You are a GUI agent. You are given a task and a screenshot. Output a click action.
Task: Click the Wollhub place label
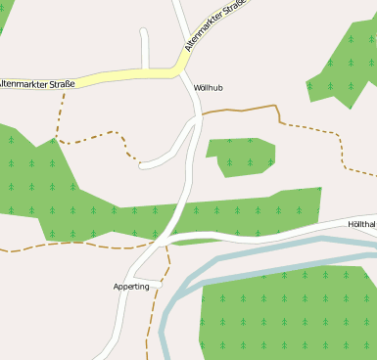209,88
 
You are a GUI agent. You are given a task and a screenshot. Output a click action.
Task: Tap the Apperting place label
131,287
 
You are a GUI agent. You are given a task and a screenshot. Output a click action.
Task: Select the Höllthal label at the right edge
362,224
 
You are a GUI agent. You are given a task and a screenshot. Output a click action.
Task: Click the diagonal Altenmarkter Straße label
212,26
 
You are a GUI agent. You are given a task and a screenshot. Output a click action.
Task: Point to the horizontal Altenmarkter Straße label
37,84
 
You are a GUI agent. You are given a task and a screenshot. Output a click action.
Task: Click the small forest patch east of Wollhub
240,156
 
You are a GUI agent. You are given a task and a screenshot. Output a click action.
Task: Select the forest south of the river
284,313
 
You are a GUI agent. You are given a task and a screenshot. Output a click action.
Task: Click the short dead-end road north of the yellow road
145,49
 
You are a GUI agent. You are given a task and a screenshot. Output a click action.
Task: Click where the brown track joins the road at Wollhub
202,114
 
